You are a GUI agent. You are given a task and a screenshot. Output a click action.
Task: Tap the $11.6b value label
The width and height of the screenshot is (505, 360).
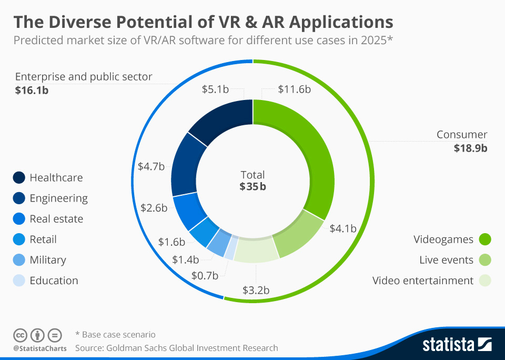tap(294, 89)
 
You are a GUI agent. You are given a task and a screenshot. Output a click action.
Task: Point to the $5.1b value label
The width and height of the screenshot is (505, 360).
tap(215, 89)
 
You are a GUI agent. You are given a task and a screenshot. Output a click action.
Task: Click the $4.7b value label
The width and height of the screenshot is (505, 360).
tap(151, 166)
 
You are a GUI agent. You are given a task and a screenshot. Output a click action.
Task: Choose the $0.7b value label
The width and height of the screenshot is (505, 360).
tap(205, 275)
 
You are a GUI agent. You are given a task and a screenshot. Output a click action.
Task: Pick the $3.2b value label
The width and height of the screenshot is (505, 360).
tap(256, 290)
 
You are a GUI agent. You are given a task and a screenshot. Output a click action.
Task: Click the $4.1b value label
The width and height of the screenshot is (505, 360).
tap(343, 228)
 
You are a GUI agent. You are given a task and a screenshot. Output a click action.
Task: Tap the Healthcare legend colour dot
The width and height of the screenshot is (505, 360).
tap(19, 178)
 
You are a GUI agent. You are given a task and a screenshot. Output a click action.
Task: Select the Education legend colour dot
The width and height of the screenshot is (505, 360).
tap(19, 281)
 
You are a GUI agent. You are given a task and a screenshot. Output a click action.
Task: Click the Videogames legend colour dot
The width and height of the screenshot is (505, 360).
tap(484, 240)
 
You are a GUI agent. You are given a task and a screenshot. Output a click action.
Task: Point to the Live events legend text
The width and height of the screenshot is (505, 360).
tap(446, 260)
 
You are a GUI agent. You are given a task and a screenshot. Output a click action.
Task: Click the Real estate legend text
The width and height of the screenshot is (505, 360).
tap(56, 219)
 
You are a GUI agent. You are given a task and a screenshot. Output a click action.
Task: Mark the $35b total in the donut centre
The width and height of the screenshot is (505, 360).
tap(252, 186)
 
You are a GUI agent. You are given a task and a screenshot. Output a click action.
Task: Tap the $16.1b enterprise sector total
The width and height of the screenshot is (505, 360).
tap(32, 91)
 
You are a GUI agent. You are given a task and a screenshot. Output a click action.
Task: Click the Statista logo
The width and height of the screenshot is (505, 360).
tap(457, 345)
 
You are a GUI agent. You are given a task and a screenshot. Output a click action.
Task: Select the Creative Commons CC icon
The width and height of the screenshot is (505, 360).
tap(19, 335)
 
